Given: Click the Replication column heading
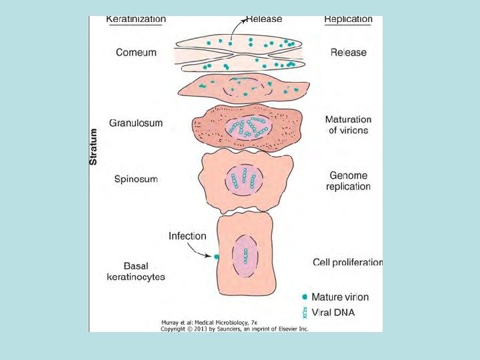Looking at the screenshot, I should tap(348, 19).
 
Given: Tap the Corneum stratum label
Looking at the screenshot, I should tap(137, 53).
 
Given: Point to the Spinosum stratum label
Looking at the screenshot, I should tap(136, 179).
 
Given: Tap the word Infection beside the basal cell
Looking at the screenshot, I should tap(187, 236).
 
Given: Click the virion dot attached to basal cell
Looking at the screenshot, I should tap(217, 256).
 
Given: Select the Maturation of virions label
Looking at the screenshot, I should tap(348, 125).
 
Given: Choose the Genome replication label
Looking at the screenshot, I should tap(348, 181).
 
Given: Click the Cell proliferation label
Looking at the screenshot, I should tap(347, 262).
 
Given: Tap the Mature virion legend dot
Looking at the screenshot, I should tap(305, 297).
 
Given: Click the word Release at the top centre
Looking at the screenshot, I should tap(264, 19).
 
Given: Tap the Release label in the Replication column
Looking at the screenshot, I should tap(348, 53).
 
